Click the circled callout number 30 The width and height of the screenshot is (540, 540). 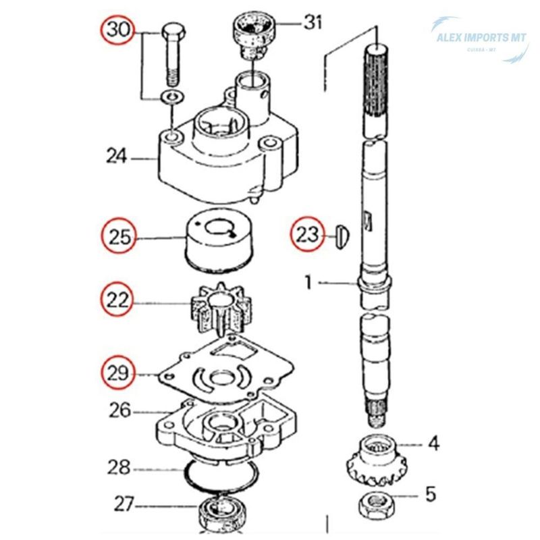(x=117, y=31)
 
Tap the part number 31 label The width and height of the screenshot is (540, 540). (x=313, y=22)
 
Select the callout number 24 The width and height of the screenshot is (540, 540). (x=116, y=157)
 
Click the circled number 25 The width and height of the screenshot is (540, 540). (x=119, y=237)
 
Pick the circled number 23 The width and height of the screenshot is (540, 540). (x=307, y=235)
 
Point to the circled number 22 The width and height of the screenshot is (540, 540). (x=119, y=300)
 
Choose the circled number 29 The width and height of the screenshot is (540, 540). (x=119, y=371)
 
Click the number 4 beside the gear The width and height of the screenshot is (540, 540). (x=433, y=443)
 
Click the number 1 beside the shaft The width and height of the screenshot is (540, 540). (x=308, y=282)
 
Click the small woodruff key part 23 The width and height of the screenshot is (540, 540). (x=342, y=235)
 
